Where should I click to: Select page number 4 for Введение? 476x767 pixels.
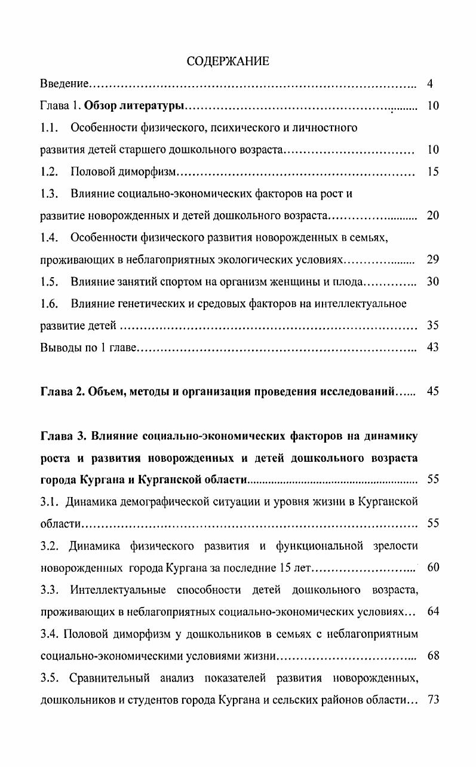point(430,84)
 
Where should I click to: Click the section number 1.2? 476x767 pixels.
point(49,172)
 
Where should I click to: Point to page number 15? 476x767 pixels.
point(433,172)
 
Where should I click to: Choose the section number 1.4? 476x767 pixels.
point(49,238)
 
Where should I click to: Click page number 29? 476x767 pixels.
point(433,260)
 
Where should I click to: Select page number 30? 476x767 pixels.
point(433,282)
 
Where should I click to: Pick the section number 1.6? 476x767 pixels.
point(49,304)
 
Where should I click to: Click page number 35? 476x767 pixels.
point(433,326)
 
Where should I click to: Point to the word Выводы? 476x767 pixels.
point(60,348)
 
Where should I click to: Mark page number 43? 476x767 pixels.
point(433,348)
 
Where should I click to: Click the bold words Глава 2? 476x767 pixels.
point(62,392)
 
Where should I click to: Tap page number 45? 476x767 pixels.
point(433,392)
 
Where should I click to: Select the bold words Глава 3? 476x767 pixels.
point(62,436)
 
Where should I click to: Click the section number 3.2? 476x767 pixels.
point(49,546)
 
